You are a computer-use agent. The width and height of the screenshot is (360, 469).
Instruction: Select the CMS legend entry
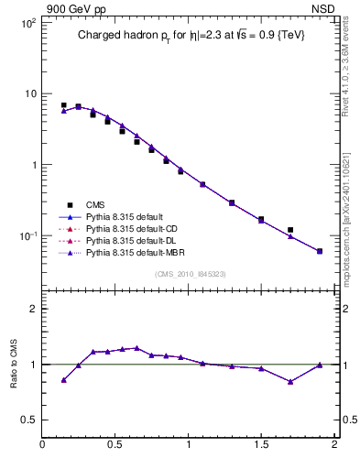[x=96, y=204]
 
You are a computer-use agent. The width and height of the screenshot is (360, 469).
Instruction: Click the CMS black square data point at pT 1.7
[x=290, y=230]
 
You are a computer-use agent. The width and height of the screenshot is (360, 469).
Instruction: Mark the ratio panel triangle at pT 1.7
[x=290, y=382]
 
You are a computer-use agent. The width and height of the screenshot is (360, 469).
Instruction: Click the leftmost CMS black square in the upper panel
[x=63, y=105]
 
